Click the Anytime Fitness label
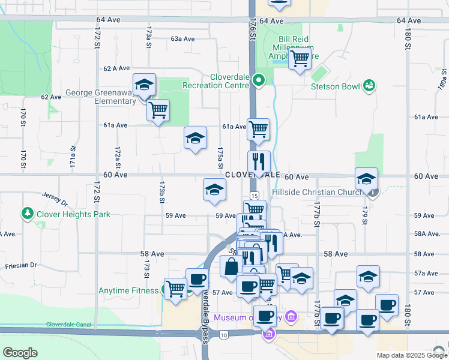click(x=128, y=291)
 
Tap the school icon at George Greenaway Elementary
click(x=144, y=85)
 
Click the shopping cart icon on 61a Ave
click(x=258, y=128)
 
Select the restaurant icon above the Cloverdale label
click(x=259, y=161)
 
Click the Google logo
click(x=20, y=353)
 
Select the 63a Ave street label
click(x=183, y=38)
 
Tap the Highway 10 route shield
click(x=224, y=334)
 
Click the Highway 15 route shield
click(x=255, y=196)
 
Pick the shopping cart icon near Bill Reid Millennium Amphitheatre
click(x=299, y=59)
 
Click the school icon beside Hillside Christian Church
click(x=366, y=179)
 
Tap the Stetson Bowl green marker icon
click(x=369, y=86)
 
